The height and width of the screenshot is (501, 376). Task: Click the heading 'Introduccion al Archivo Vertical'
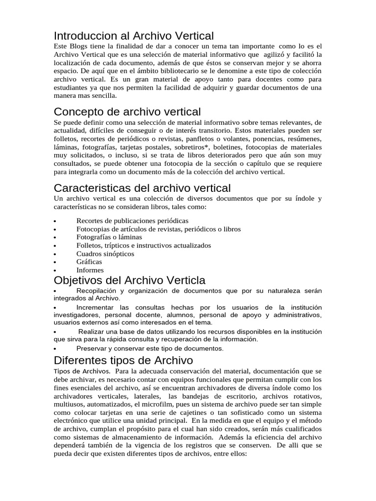(x=134, y=36)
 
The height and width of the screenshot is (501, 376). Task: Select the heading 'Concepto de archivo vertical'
(x=127, y=112)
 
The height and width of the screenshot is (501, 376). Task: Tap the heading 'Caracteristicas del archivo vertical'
(x=142, y=188)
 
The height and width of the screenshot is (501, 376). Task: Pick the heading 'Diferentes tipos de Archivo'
(x=123, y=361)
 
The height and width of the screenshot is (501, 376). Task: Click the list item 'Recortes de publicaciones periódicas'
(x=132, y=221)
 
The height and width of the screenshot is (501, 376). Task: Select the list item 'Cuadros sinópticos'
(x=105, y=253)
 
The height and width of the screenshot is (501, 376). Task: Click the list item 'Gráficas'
(x=89, y=262)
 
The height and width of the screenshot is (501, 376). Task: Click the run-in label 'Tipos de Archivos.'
(x=82, y=372)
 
